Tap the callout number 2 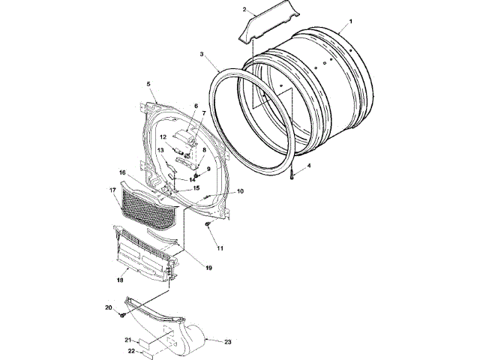(244, 10)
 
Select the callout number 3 (202, 54)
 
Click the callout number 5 (148, 84)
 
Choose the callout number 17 (113, 190)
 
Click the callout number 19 (208, 266)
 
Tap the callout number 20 (108, 307)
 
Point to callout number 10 (240, 191)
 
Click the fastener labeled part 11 (207, 224)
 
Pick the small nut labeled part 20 (121, 314)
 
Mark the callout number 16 (121, 172)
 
